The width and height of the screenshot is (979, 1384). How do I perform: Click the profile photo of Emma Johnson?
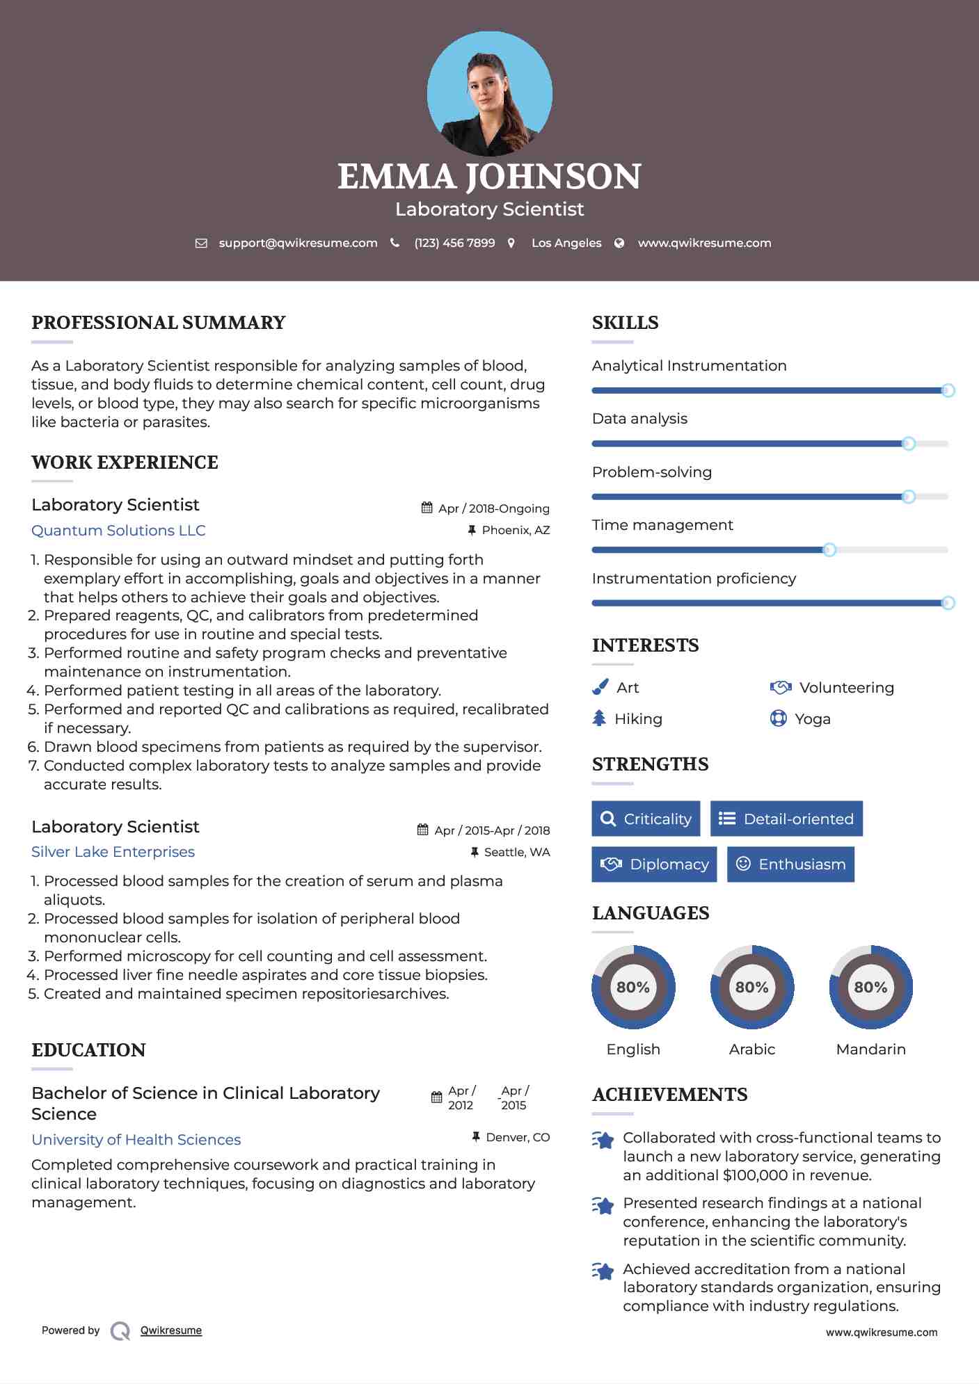coord(489,94)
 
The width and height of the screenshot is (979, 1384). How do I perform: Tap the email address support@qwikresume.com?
coord(298,243)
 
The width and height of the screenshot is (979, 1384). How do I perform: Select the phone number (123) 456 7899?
coord(454,243)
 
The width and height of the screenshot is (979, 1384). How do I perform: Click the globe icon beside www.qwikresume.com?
coord(619,243)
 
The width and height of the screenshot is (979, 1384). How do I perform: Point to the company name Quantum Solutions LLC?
coord(118,531)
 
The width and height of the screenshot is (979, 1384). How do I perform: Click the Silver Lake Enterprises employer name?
coord(113,852)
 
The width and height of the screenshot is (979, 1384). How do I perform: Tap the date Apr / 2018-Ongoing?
coord(493,508)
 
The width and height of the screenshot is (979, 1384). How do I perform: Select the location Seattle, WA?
coord(516,852)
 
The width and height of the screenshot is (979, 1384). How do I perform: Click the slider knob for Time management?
coord(829,550)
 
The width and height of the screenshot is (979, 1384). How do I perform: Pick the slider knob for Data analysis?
coord(908,444)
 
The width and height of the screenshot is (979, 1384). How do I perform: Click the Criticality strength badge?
coord(646,819)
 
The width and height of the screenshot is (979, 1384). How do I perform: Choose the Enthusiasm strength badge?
coord(790,864)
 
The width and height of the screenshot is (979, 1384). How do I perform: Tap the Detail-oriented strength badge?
coord(786,819)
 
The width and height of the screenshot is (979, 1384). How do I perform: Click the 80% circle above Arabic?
coord(751,987)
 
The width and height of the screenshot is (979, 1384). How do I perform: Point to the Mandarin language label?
coord(870,1049)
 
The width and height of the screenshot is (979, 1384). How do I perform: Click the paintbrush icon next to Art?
coord(600,687)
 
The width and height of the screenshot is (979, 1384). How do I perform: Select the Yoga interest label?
coord(812,719)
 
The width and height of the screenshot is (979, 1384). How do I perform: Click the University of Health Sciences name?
coord(136,1139)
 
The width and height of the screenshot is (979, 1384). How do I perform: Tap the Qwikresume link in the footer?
coord(171,1330)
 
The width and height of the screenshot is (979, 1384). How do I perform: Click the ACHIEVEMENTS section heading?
coord(669,1095)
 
